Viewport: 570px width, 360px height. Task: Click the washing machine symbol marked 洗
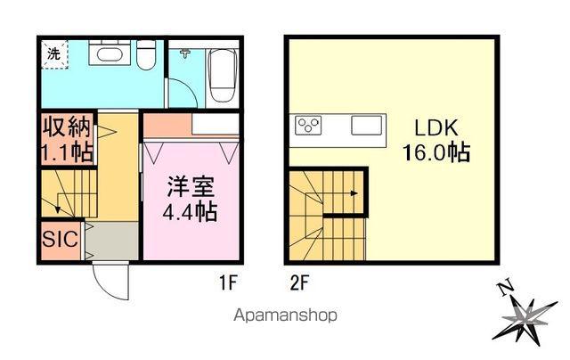pyautogui.click(x=53, y=53)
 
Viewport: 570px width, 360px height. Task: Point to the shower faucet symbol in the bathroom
pyautogui.click(x=184, y=54)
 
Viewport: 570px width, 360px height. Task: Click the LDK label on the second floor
pyautogui.click(x=435, y=127)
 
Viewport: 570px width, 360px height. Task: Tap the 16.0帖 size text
pyautogui.click(x=435, y=152)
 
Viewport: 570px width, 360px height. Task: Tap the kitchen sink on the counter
pyautogui.click(x=366, y=126)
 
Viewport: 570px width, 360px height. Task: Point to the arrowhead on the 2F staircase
pyautogui.click(x=354, y=192)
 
